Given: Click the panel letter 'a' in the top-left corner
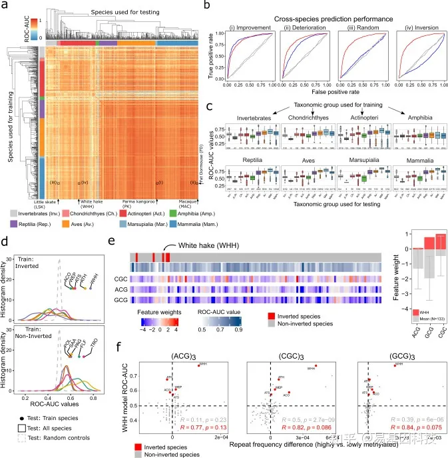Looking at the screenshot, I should [6, 6].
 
